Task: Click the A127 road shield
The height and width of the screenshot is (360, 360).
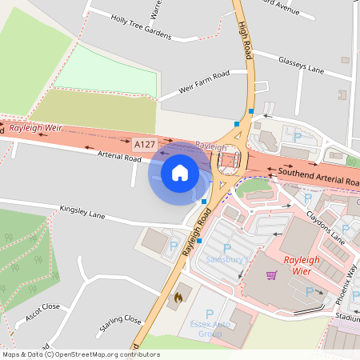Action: tap(144, 144)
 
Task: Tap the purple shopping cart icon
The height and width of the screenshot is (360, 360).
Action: tap(271, 275)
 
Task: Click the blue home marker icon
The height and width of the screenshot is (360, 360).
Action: tap(180, 171)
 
